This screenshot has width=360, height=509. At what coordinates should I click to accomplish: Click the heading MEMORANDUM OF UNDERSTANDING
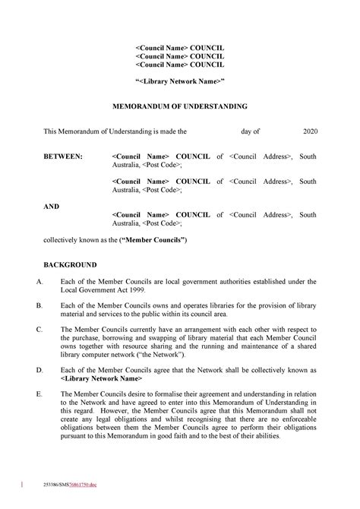[180, 107]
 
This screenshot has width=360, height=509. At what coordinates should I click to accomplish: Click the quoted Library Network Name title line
[180, 81]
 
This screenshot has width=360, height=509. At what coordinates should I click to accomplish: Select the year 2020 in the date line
[310, 131]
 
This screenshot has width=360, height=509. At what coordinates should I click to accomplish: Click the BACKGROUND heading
[70, 265]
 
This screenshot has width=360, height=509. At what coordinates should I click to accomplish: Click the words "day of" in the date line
[251, 131]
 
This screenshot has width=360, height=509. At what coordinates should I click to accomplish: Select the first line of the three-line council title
[180, 48]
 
